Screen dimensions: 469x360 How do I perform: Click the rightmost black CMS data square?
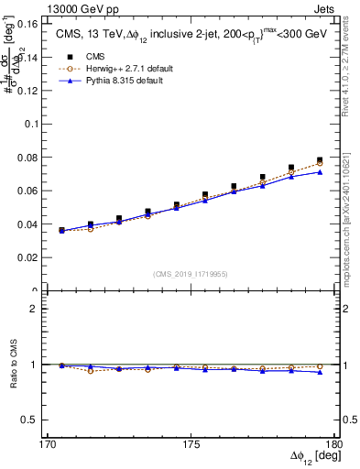[x=320, y=160]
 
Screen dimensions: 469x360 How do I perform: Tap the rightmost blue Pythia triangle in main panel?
[x=320, y=172]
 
